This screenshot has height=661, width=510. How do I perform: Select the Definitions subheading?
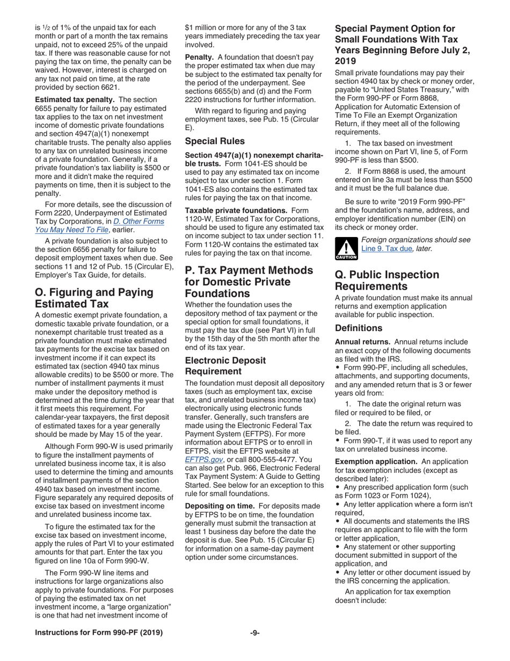[x=360, y=327]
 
